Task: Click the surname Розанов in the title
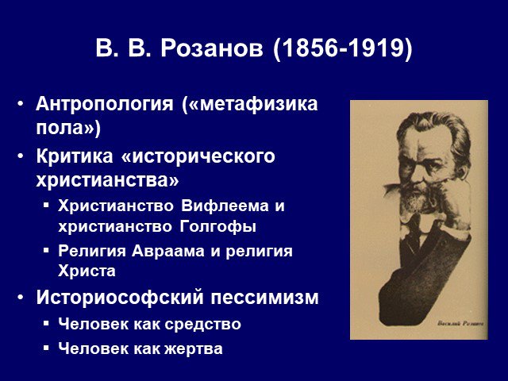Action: pos(212,48)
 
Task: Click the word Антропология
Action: pos(105,105)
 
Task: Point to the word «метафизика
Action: pos(250,104)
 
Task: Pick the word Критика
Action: pos(75,156)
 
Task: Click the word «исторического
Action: pos(198,157)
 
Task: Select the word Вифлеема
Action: pos(225,206)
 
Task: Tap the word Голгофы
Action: pos(217,227)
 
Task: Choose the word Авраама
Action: pos(167,251)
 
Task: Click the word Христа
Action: pos(87,271)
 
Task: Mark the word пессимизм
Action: pos(265,298)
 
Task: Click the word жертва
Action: pos(194,349)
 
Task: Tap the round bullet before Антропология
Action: pos(21,104)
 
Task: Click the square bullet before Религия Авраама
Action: pos(46,250)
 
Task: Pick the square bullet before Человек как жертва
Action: pos(46,348)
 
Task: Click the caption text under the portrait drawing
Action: pos(460,323)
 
